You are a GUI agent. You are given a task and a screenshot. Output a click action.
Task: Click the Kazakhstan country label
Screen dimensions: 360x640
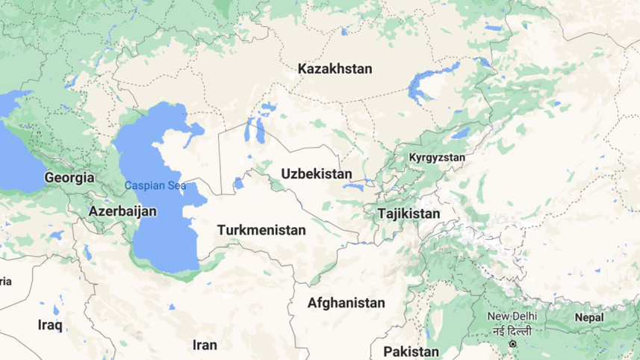click(335, 69)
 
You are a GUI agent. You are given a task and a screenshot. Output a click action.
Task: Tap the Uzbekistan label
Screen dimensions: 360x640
click(316, 174)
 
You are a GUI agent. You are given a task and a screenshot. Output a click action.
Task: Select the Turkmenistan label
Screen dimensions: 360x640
click(261, 230)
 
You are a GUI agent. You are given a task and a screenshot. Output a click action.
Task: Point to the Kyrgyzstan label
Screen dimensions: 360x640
click(437, 158)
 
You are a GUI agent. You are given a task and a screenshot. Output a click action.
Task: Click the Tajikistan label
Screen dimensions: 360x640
click(409, 214)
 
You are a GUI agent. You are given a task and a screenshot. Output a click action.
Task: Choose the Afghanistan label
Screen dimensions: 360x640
click(347, 303)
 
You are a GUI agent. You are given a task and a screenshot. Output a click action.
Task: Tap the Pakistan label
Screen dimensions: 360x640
click(411, 351)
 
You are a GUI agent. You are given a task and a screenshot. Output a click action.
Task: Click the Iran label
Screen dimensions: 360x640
click(205, 345)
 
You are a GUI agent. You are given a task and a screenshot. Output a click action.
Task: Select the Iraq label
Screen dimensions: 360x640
click(50, 325)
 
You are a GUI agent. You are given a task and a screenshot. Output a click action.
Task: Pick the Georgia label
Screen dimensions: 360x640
click(69, 178)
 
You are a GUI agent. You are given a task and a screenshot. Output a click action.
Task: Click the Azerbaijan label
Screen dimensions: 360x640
click(122, 211)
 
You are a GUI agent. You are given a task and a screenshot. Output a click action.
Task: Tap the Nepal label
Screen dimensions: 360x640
click(588, 317)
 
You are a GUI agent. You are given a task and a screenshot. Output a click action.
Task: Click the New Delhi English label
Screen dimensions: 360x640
click(512, 316)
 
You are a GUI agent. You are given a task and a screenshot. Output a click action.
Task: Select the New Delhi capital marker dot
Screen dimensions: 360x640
click(512, 344)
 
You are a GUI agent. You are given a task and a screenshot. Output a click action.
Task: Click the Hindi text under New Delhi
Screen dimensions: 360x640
click(512, 330)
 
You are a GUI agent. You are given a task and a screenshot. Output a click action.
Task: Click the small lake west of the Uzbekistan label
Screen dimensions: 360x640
click(238, 183)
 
